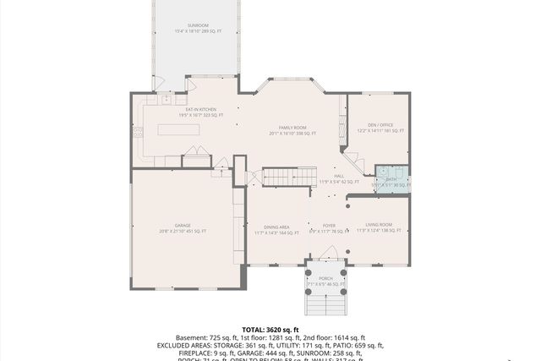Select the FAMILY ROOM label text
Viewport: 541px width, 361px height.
pyautogui.click(x=292, y=129)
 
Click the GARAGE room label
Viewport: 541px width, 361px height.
pyautogui.click(x=182, y=227)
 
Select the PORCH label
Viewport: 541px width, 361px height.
pyautogui.click(x=325, y=280)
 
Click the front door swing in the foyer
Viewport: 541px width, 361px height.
pyautogui.click(x=331, y=253)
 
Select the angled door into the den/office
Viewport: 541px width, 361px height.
pyautogui.click(x=351, y=160)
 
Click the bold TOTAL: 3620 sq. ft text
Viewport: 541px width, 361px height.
pyautogui.click(x=270, y=329)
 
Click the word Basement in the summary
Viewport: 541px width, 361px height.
pyautogui.click(x=190, y=337)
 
